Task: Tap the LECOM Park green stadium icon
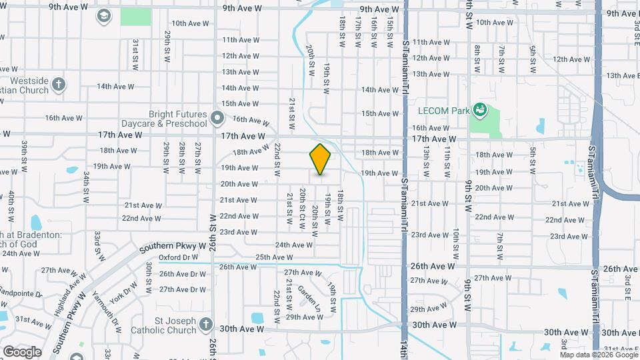[479, 109]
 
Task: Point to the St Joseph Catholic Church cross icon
[206, 325]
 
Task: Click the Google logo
[22, 351]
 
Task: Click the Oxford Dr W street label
[178, 257]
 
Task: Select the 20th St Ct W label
[302, 209]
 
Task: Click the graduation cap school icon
[103, 15]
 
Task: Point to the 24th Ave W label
[294, 245]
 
